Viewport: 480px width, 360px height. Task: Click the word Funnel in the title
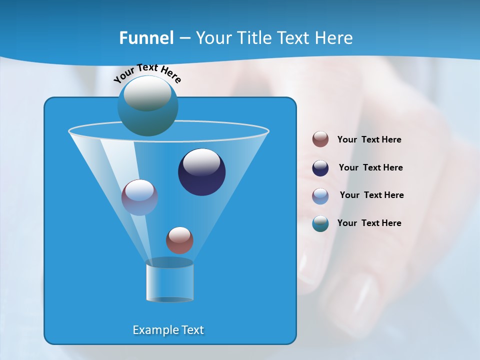coord(146,38)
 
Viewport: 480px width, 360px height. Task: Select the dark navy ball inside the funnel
coord(202,172)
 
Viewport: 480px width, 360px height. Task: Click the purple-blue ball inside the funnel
coord(139,197)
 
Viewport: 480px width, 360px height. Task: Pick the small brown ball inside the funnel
coord(179,240)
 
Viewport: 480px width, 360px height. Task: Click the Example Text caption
coord(168,330)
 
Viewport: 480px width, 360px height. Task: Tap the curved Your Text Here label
coord(147,72)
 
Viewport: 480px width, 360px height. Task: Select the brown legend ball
coord(320,139)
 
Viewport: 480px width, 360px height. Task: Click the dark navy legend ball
coord(320,168)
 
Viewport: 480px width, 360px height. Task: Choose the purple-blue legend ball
coord(320,196)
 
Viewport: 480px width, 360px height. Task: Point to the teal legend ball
coord(320,223)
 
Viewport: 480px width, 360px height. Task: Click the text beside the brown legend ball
coord(369,139)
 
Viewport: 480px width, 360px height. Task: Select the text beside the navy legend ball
coord(370,167)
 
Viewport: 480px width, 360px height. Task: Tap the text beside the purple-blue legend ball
coord(371,195)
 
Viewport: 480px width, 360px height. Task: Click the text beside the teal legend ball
coord(369,223)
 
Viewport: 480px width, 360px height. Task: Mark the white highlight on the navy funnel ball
coord(202,162)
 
